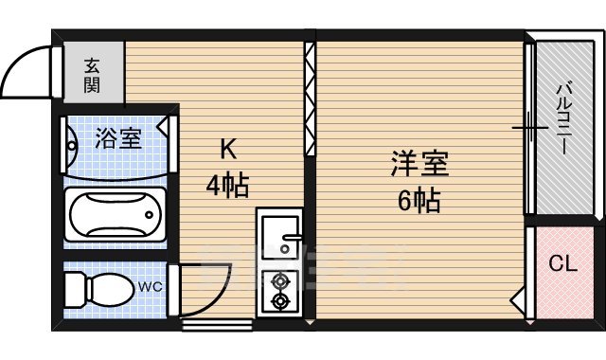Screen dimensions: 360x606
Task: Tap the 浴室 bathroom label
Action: point(118,139)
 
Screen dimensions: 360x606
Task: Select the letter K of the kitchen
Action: point(228,150)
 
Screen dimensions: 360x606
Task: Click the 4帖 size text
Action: point(228,185)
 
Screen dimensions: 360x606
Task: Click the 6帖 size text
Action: point(418,201)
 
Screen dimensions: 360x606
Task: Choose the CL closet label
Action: point(562,264)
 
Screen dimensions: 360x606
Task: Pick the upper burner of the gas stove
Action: point(280,280)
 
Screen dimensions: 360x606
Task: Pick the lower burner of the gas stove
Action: point(280,301)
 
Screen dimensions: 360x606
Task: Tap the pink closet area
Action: point(562,270)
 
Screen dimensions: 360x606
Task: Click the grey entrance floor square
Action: point(92,73)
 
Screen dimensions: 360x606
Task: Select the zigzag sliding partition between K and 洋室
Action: point(309,99)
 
